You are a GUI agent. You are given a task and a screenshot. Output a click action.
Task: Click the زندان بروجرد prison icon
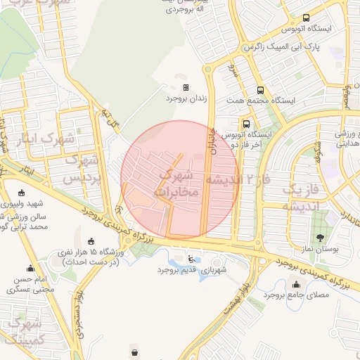[x=186, y=88]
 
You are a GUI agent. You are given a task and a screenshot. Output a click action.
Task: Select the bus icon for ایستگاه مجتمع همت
[x=260, y=90]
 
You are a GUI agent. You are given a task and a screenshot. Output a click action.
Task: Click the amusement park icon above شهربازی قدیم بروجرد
[x=191, y=258]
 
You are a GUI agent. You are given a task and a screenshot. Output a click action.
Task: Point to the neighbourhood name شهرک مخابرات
[x=176, y=182]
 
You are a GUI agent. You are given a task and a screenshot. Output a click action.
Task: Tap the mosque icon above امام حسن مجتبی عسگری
[x=30, y=268]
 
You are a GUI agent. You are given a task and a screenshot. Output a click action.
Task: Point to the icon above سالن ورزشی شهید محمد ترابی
[x=21, y=194]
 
